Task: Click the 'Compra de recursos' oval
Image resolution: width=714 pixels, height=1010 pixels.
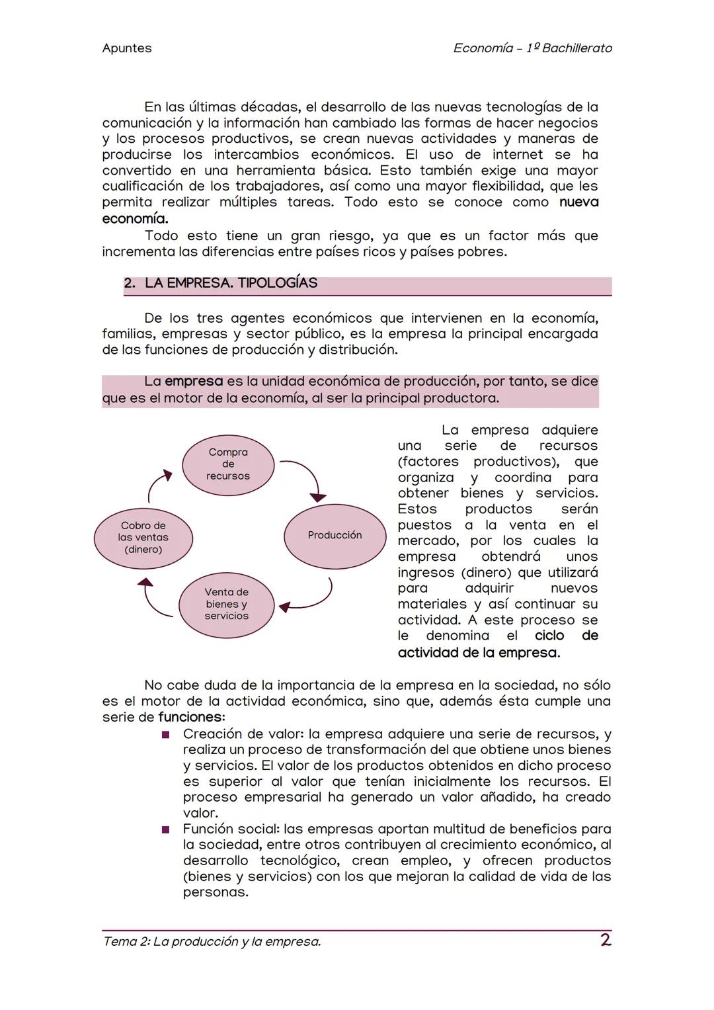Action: point(228,464)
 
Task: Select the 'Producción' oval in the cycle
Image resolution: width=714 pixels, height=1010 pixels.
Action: point(335,535)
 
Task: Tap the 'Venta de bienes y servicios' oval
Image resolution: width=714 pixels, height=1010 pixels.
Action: point(226,604)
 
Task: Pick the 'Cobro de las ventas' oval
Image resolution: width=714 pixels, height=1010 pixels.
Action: point(143,538)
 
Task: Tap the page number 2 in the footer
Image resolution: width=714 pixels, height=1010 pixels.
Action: point(605,940)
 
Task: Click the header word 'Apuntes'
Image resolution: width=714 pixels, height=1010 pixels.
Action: point(127,48)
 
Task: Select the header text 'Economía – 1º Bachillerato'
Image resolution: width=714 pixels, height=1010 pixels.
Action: point(532,48)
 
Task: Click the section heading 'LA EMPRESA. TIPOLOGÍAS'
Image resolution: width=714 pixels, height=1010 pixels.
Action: point(231,283)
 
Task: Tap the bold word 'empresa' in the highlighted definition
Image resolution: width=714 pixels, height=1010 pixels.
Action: point(194,382)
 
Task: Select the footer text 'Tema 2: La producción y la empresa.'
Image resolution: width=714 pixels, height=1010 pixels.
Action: point(212,941)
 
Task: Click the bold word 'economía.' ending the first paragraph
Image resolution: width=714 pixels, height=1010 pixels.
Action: point(135,218)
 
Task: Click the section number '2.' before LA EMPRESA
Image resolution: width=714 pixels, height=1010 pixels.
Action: point(130,283)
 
